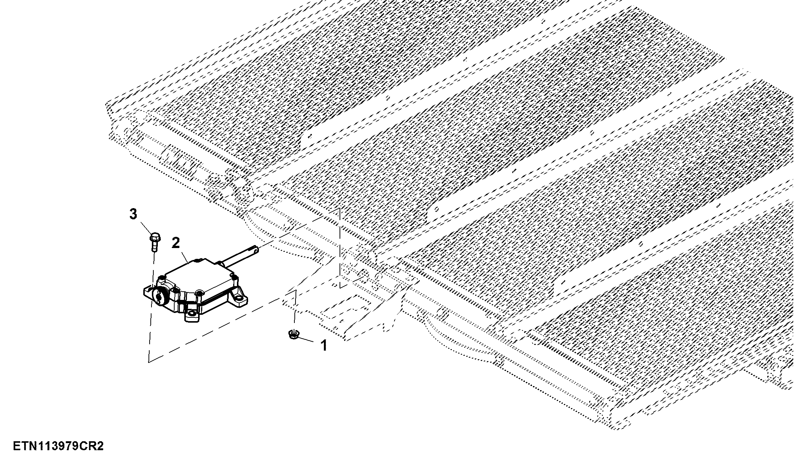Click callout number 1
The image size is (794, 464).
click(324, 345)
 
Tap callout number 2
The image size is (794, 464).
click(176, 243)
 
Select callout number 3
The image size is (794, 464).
click(133, 214)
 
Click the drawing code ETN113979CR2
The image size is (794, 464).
click(58, 446)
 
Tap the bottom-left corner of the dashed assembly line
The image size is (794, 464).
click(149, 362)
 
